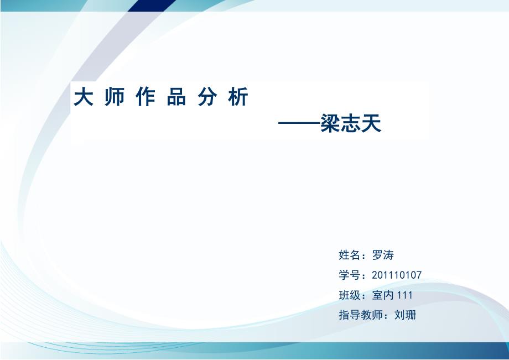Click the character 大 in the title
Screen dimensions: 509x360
pos(84,97)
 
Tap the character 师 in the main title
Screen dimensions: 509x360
pos(115,97)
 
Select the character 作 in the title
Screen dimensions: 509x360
pos(146,97)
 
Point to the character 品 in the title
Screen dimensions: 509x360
pos(176,97)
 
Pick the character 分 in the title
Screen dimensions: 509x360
pos(207,97)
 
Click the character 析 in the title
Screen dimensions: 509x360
pos(238,97)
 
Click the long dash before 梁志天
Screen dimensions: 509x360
pos(299,123)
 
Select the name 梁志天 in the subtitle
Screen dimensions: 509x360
pos(351,123)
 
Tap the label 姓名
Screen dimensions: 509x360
pos(349,255)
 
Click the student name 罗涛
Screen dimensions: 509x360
pos(383,255)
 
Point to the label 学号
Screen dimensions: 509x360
pos(349,275)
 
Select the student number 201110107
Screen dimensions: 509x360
pos(397,275)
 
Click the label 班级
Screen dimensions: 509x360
pos(349,295)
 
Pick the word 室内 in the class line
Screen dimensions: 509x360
pos(383,295)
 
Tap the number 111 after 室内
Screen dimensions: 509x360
pos(405,295)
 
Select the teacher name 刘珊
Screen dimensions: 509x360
pos(405,315)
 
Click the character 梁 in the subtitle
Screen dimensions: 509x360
pos(330,123)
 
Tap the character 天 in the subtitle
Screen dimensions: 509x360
pos(371,123)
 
